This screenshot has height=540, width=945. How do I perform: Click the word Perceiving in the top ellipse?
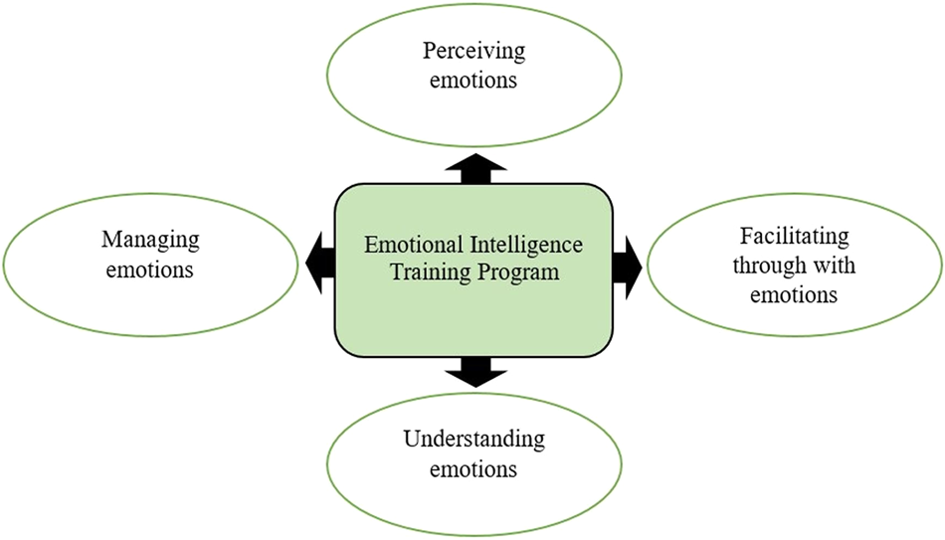click(x=473, y=51)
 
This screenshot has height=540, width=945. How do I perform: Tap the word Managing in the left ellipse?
click(x=150, y=240)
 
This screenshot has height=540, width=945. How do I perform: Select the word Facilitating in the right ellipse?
click(x=794, y=237)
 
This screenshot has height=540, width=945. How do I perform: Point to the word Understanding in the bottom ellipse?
click(x=473, y=439)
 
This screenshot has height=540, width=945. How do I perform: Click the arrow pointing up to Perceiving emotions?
click(x=473, y=168)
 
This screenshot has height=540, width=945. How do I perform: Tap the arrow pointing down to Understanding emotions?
click(x=473, y=371)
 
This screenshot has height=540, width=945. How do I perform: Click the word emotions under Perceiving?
click(x=473, y=80)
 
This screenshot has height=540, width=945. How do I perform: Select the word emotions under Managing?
click(x=150, y=269)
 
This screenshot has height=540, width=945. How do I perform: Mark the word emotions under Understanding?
click(x=473, y=467)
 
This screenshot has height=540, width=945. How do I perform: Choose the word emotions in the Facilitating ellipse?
click(x=794, y=294)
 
